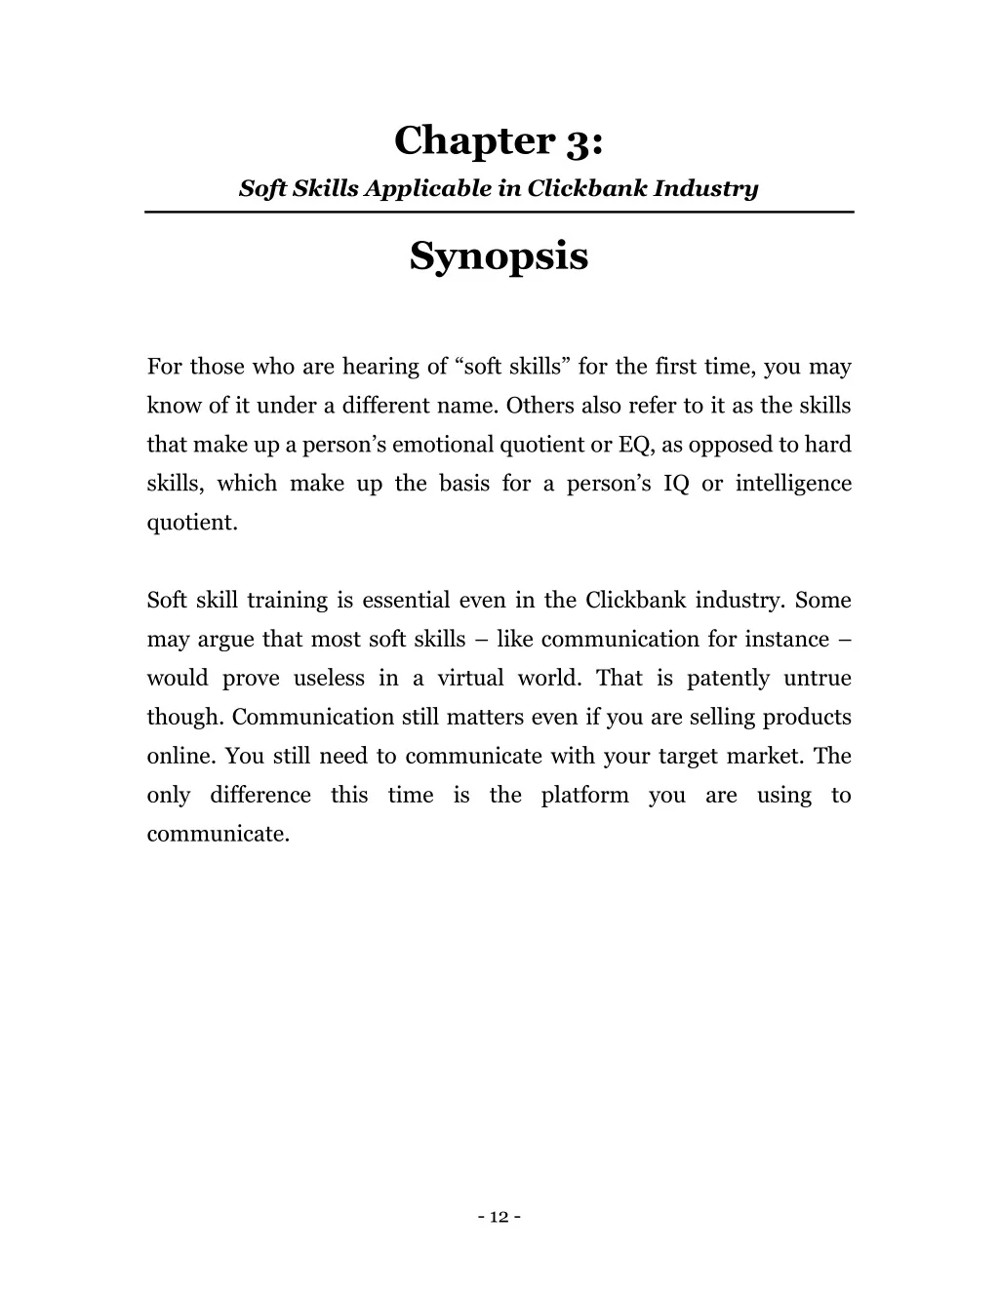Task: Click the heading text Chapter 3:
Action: click(499, 141)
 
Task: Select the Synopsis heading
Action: click(499, 257)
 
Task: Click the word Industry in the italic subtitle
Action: click(705, 188)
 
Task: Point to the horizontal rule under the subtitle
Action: click(499, 212)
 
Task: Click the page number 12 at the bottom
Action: click(499, 1216)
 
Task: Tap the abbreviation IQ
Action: click(676, 485)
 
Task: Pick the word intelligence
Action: click(793, 485)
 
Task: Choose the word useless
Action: click(329, 679)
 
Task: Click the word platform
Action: click(585, 796)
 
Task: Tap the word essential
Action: click(407, 601)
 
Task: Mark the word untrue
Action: click(818, 679)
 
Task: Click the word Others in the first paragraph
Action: click(540, 407)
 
